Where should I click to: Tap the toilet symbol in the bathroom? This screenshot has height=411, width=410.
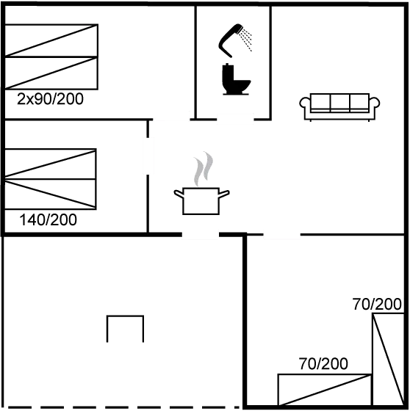(x=236, y=79)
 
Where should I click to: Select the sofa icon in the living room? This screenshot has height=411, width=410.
(x=339, y=106)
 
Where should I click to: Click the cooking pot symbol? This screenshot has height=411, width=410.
(x=201, y=201)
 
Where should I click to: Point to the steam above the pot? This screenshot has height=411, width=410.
(x=203, y=169)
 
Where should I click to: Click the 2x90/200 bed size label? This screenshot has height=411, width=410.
(x=50, y=99)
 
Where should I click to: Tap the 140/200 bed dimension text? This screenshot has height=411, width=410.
(x=48, y=219)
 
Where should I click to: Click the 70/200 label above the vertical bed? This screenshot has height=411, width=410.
(x=377, y=304)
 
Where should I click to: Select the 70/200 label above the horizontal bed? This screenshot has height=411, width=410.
(x=323, y=363)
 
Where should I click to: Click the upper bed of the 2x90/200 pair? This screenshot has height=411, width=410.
(x=51, y=40)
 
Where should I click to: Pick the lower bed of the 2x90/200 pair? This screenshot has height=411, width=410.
(x=51, y=73)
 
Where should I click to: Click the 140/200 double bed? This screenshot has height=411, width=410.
(x=51, y=179)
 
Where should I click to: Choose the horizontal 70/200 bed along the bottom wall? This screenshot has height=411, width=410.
(x=325, y=390)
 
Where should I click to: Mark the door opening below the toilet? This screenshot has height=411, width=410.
(x=235, y=119)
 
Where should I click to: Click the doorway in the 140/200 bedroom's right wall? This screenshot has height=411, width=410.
(x=148, y=156)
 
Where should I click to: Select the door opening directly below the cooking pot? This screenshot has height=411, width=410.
(x=201, y=234)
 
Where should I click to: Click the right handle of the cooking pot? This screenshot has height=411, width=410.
(x=224, y=194)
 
